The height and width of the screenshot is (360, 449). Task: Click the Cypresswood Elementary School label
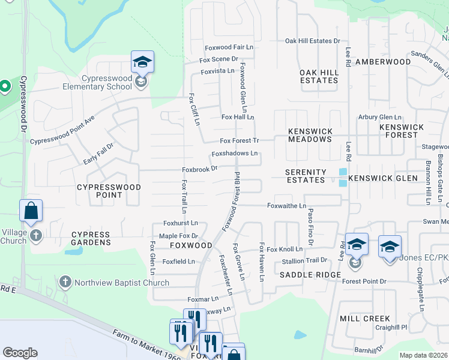pyautogui.click(x=97, y=82)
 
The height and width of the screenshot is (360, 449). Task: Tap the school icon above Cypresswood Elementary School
pyautogui.click(x=142, y=62)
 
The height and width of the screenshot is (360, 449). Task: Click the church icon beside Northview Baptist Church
pyautogui.click(x=65, y=281)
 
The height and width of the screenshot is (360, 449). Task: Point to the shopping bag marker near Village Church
pyautogui.click(x=31, y=211)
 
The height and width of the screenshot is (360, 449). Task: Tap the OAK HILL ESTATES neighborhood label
pyautogui.click(x=319, y=76)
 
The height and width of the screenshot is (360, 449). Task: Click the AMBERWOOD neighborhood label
pyautogui.click(x=383, y=62)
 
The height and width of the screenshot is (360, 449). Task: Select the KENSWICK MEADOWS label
pyautogui.click(x=310, y=135)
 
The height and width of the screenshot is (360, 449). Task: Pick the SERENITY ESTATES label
pyautogui.click(x=306, y=176)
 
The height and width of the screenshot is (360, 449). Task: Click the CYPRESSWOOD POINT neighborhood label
pyautogui.click(x=109, y=191)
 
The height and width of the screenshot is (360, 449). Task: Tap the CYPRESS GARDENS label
pyautogui.click(x=91, y=239)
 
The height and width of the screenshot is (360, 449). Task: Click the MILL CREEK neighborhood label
pyautogui.click(x=365, y=319)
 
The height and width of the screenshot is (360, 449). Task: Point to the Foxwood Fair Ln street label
pyautogui.click(x=229, y=47)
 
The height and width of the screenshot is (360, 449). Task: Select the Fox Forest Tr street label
pyautogui.click(x=239, y=141)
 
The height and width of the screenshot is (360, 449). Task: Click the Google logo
pyautogui.click(x=20, y=353)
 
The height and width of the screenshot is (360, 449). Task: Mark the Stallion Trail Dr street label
pyautogui.click(x=305, y=261)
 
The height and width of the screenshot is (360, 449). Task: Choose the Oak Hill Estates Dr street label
pyautogui.click(x=312, y=41)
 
